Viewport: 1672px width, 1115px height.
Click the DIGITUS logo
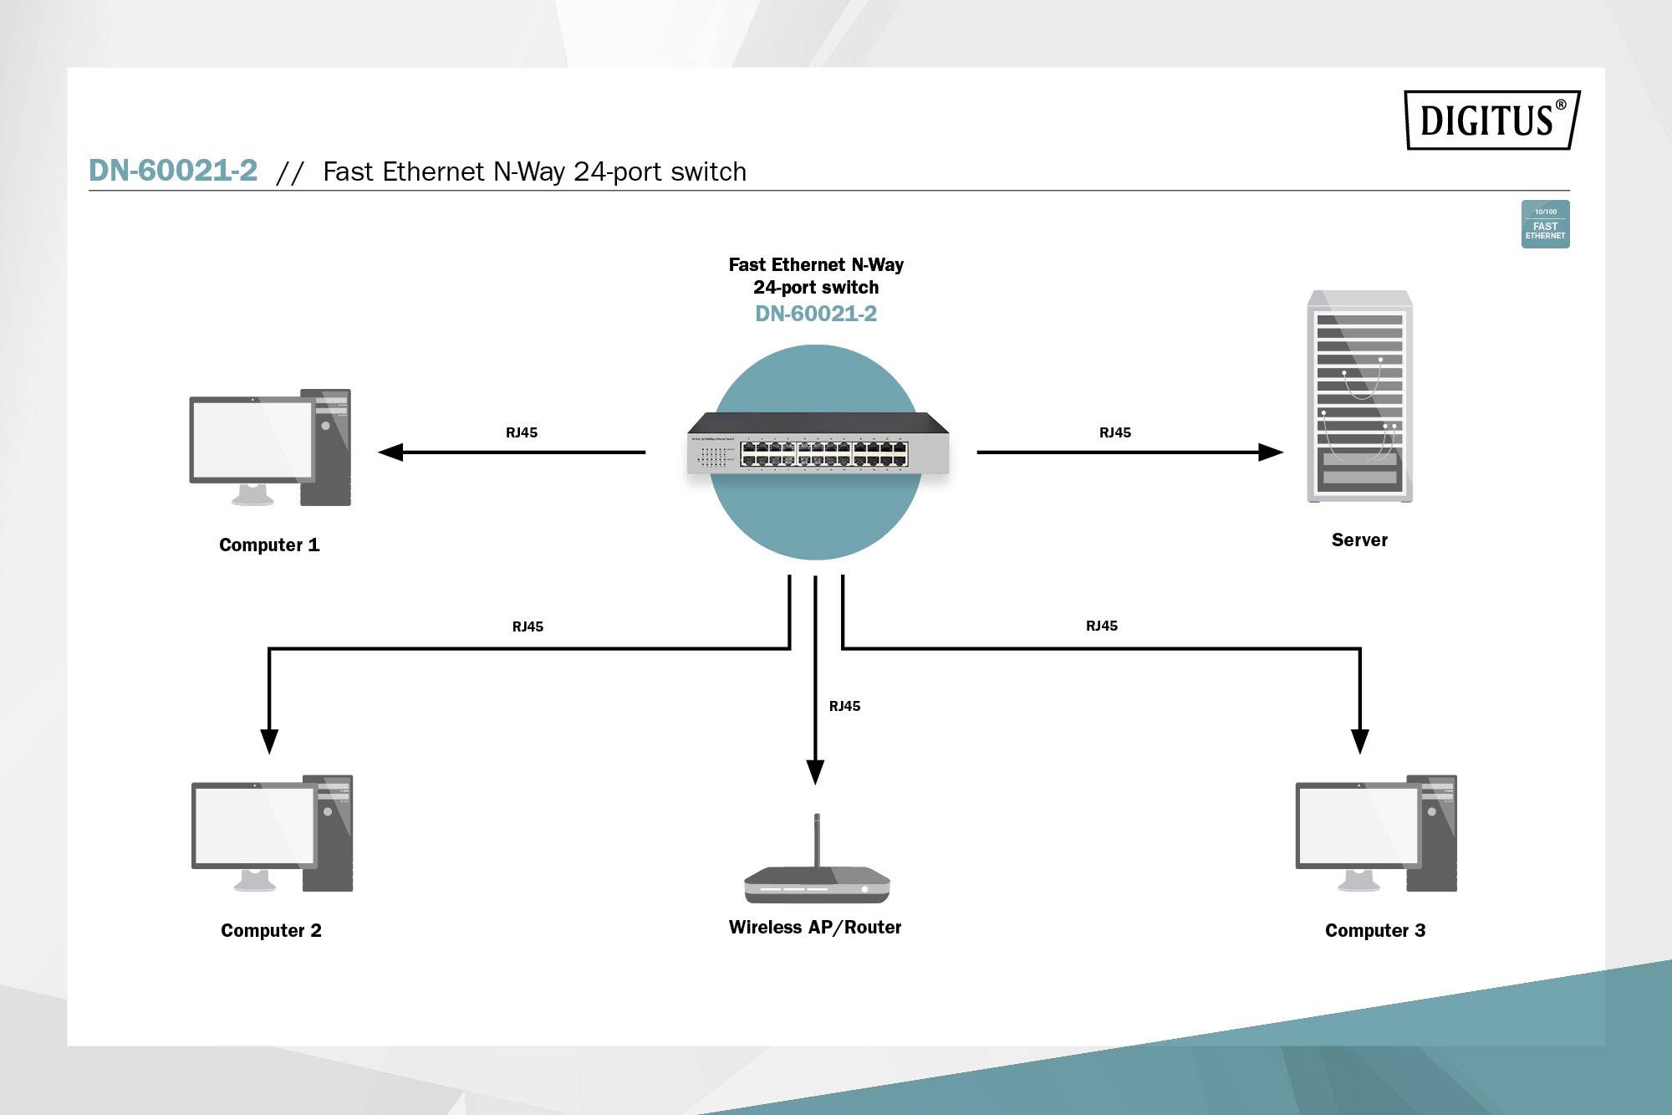tap(1492, 120)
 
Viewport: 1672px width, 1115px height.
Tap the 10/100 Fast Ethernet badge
tap(1545, 224)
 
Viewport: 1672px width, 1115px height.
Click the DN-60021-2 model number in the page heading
tap(173, 171)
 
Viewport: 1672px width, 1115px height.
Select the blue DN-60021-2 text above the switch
tap(816, 314)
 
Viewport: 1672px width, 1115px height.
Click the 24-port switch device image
tap(818, 445)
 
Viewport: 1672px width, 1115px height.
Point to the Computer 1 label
tap(269, 545)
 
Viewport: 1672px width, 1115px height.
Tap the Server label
tap(1359, 540)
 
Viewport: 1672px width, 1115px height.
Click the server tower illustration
tap(1360, 397)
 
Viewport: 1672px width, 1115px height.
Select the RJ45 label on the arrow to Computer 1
tap(522, 432)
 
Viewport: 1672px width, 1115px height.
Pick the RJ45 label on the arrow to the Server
tap(1115, 432)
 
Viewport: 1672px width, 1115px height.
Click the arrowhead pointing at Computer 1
tap(390, 453)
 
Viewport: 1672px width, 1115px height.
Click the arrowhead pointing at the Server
tap(1271, 453)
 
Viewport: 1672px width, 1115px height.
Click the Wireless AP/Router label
tap(815, 927)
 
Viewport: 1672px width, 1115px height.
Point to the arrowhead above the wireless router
tap(815, 771)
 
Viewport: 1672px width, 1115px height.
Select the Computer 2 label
tap(271, 930)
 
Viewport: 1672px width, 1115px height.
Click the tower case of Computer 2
tap(329, 833)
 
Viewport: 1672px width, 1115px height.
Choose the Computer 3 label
tap(1375, 930)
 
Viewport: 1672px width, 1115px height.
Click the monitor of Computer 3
tap(1358, 827)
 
